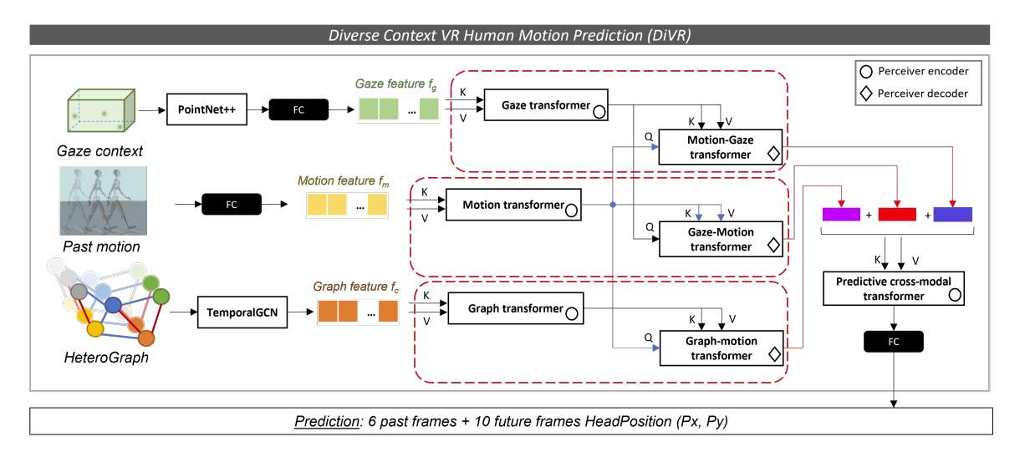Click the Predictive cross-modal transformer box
point(893,288)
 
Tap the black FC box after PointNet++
point(298,109)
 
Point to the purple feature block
point(840,215)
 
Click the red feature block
point(897,215)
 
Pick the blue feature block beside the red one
point(953,215)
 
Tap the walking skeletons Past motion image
point(103,201)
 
